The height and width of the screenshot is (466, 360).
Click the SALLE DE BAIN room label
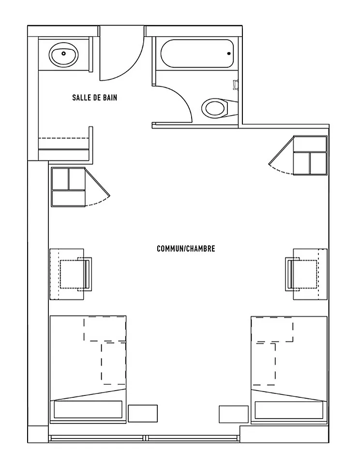95,98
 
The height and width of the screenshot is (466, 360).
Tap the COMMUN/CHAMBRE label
186,248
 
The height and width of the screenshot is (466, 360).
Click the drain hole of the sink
63,54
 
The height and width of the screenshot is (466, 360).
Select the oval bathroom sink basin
64,55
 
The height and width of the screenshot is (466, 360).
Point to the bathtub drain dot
229,54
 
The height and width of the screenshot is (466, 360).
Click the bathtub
197,54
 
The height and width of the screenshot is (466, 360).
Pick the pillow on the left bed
88,409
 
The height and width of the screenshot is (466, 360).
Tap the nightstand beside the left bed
143,413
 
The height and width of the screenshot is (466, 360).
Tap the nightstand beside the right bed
234,414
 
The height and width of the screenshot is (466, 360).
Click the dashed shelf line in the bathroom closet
64,138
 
